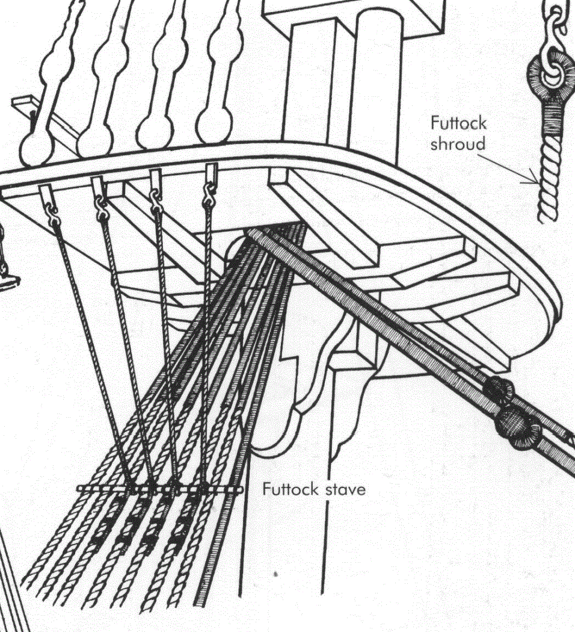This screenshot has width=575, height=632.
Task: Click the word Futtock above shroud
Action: [x=458, y=123]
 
